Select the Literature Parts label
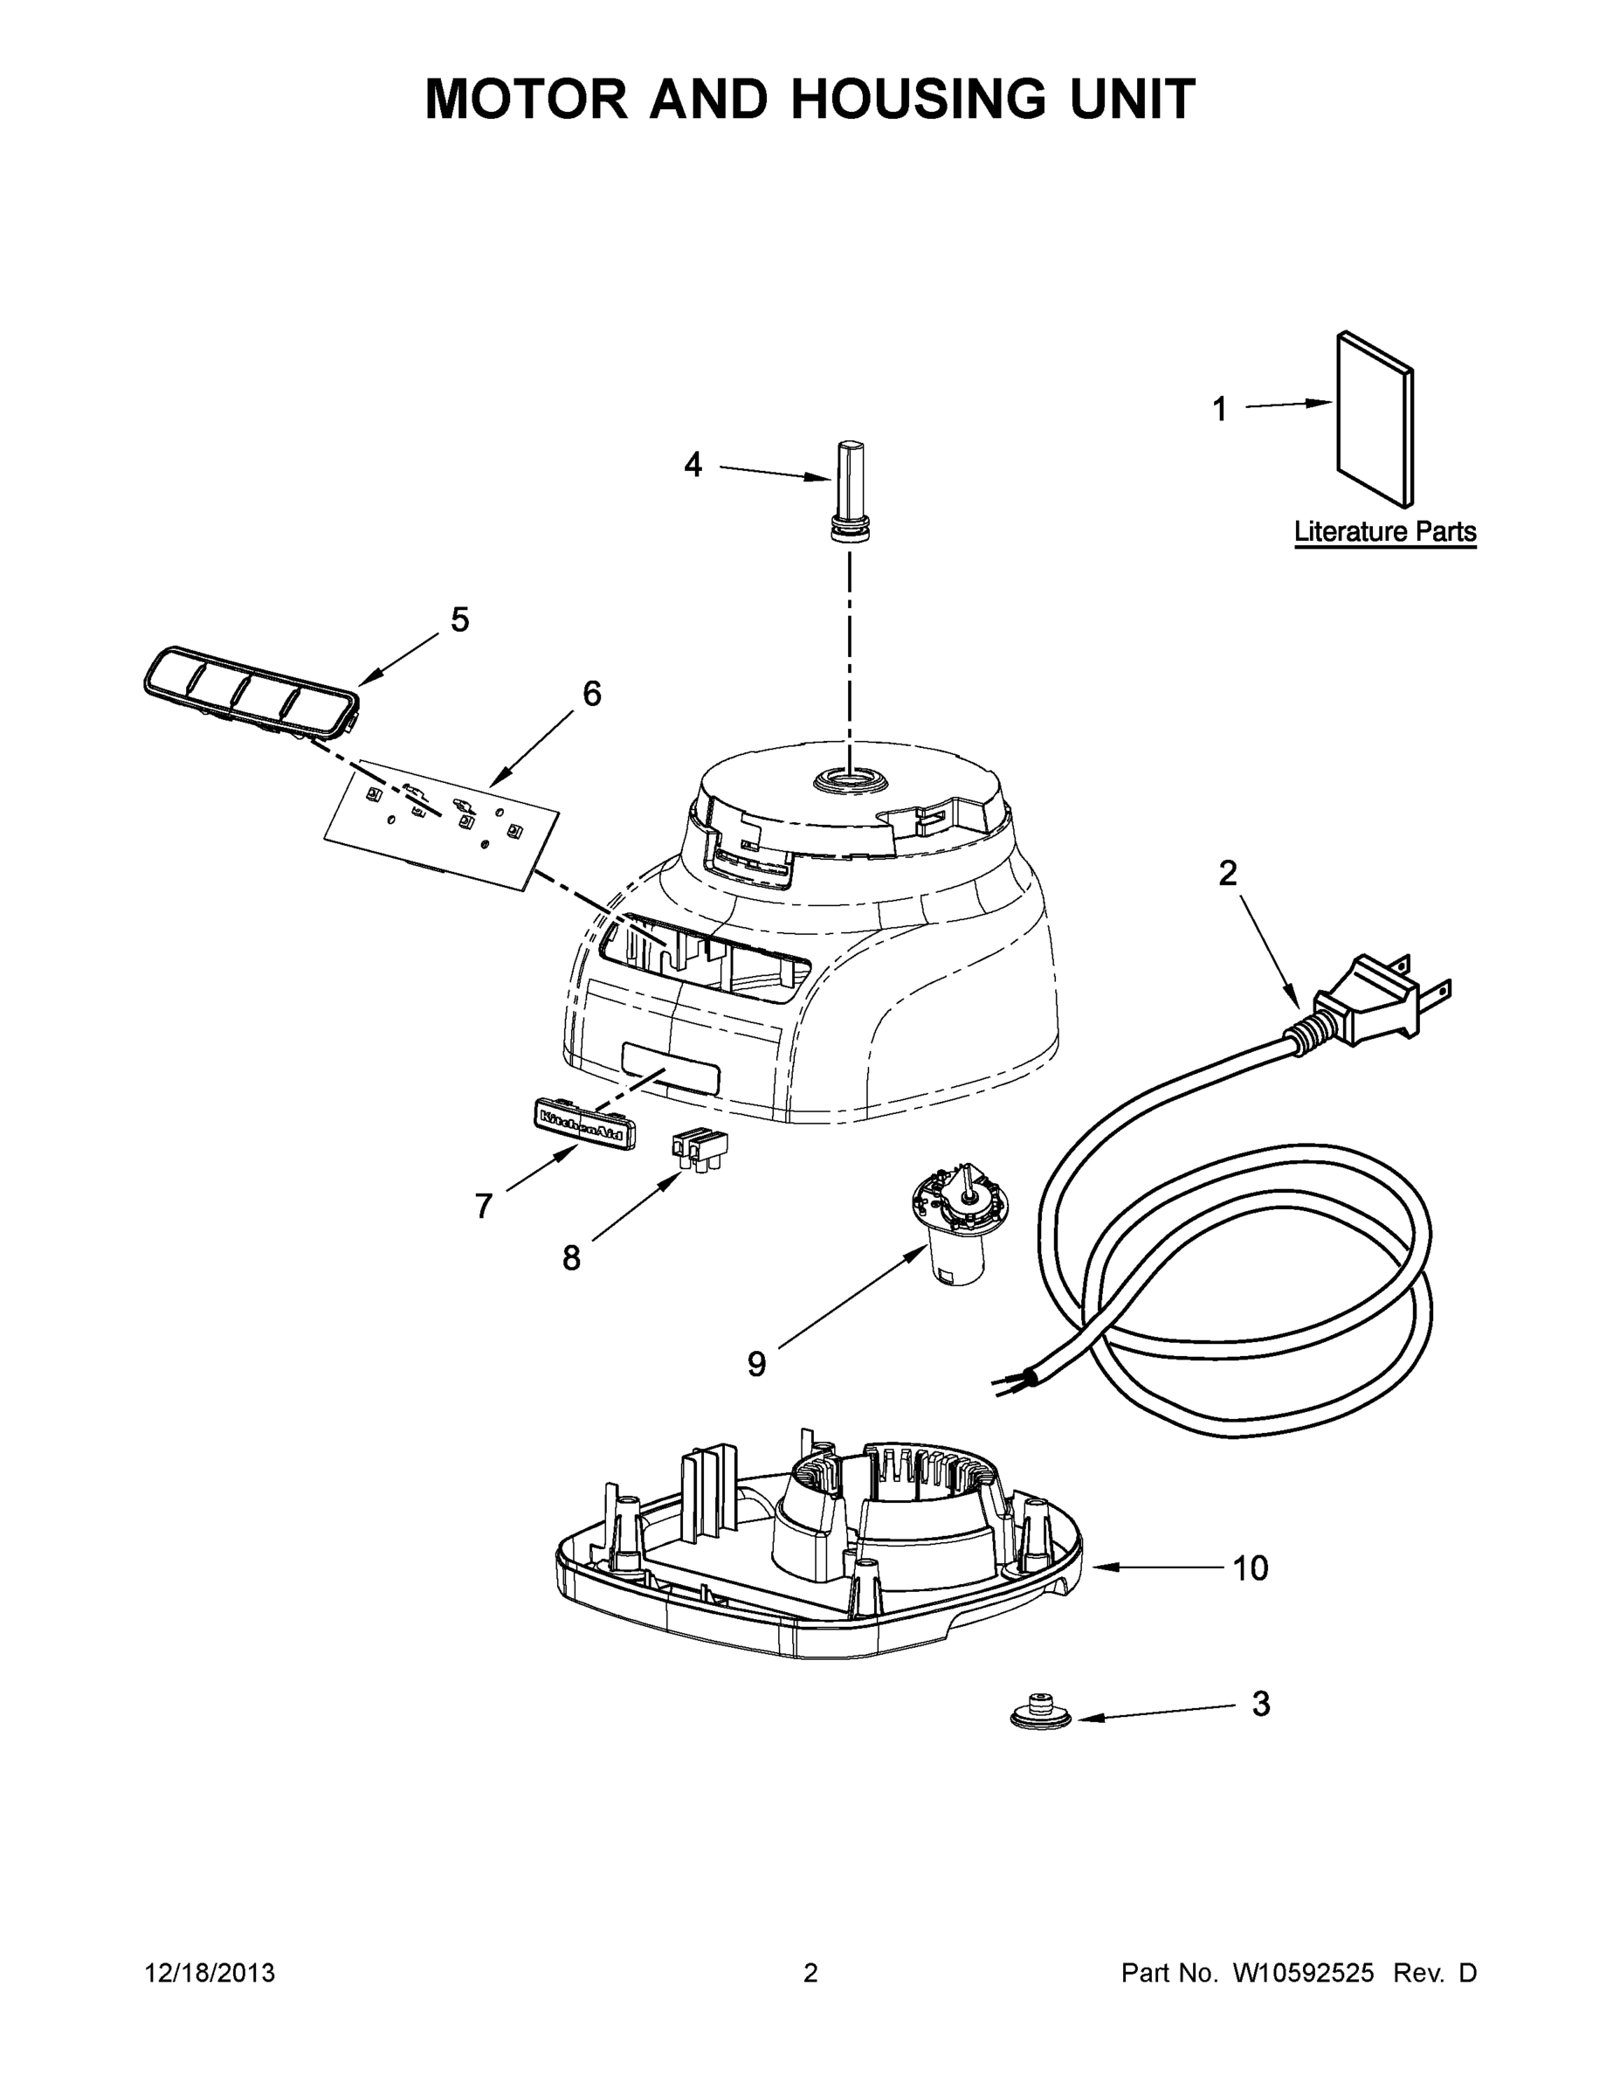coord(1384,531)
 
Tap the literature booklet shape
coord(1375,419)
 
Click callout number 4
coord(693,466)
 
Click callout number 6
coord(592,693)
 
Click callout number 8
coord(572,1258)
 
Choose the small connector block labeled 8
coord(699,1147)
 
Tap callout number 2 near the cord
coord(1228,874)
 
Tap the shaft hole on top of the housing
coord(850,779)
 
